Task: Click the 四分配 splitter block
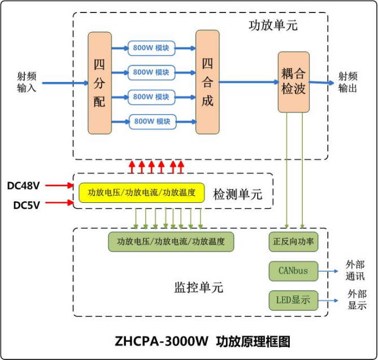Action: pos(99,83)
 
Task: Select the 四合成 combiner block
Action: pos(207,83)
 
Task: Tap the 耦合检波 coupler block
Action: pos(294,82)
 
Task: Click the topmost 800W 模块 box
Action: pos(151,48)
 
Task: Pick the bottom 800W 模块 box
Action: pos(151,122)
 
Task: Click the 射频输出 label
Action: pos(348,82)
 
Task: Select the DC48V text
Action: pos(24,185)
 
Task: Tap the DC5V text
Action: pos(27,205)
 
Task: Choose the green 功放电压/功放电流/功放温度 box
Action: pos(171,242)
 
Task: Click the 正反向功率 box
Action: pos(294,242)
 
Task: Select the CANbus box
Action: pos(293,271)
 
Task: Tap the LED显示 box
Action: pos(293,300)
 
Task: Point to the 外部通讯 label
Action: pos(355,271)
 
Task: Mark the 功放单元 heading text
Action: pos(273,25)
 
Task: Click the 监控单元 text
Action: pos(198,288)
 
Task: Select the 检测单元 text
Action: pos(238,194)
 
